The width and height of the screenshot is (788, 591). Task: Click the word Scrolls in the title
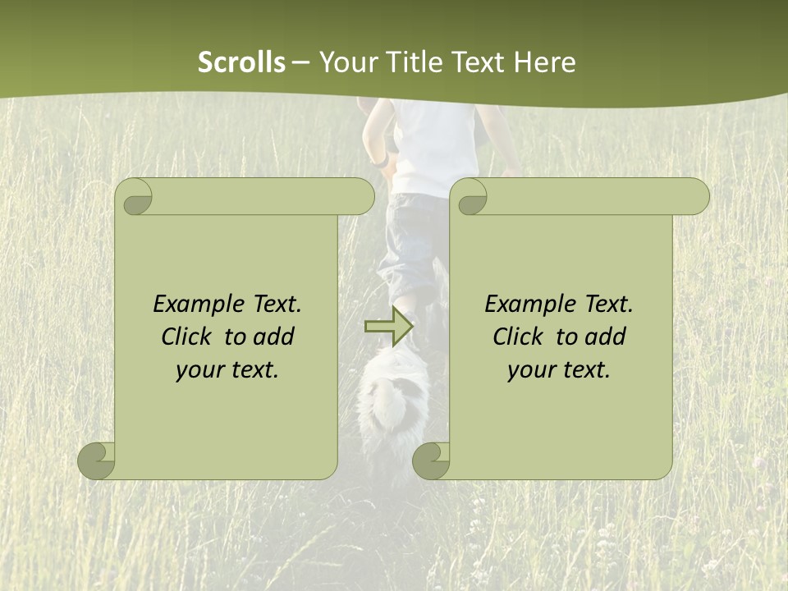[x=241, y=62]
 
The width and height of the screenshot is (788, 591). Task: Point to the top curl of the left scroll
[x=136, y=196]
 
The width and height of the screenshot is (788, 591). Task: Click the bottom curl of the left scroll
[x=97, y=460]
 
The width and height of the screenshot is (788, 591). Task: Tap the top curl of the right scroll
[x=471, y=196]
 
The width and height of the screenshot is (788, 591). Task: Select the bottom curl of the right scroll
[x=431, y=460]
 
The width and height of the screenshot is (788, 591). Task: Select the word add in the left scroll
[x=274, y=337]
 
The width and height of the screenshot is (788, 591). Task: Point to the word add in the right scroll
[x=606, y=337]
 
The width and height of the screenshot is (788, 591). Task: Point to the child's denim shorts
[x=410, y=238]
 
